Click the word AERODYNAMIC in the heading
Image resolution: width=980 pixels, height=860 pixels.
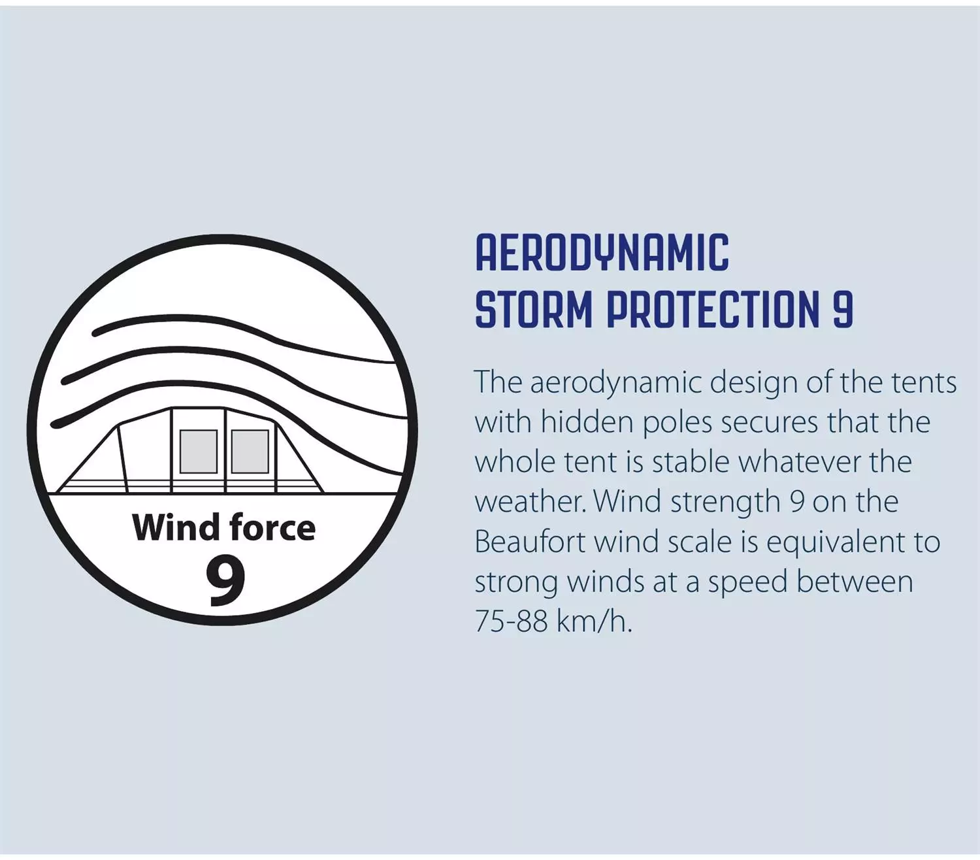pos(602,253)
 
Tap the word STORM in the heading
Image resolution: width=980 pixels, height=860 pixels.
pos(534,308)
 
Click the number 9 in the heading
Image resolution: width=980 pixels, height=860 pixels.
pos(843,308)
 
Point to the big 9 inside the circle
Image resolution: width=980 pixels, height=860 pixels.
pos(225,579)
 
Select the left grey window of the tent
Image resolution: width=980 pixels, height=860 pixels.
pos(198,451)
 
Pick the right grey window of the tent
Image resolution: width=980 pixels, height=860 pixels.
pos(250,451)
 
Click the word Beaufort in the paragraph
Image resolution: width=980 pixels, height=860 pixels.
pos(530,542)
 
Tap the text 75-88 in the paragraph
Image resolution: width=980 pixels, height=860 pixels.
pos(512,621)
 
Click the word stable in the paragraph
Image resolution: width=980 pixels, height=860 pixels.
pos(691,462)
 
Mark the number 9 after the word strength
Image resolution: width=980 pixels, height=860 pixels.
pos(796,502)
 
